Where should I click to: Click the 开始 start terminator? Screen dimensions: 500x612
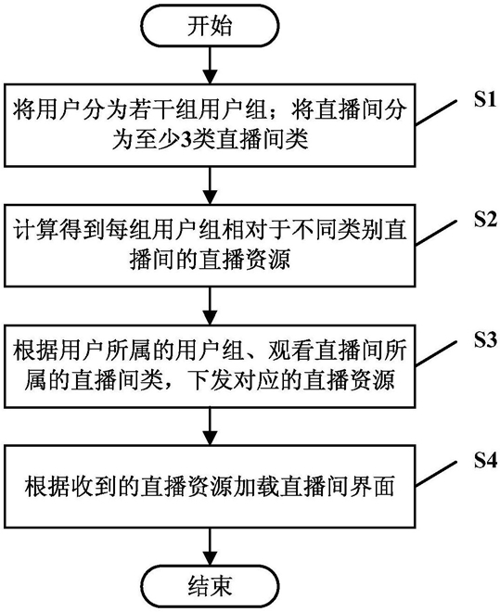click(210, 26)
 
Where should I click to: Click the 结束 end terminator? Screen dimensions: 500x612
click(210, 585)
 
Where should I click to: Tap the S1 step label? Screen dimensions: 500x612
click(485, 100)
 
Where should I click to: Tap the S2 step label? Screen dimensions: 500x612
click(485, 220)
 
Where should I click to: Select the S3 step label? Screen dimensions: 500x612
click(485, 340)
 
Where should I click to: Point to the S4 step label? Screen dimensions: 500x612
click(485, 461)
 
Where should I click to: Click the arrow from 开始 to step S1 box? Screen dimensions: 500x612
click(210, 65)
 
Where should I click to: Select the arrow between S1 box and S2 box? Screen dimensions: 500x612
click(210, 185)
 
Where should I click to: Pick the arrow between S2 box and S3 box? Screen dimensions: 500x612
click(210, 306)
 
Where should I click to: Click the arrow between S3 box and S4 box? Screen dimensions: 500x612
click(210, 427)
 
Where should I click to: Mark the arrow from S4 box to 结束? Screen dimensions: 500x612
click(210, 546)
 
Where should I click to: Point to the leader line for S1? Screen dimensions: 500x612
click(436, 113)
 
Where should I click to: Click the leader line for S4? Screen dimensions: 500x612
click(436, 474)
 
